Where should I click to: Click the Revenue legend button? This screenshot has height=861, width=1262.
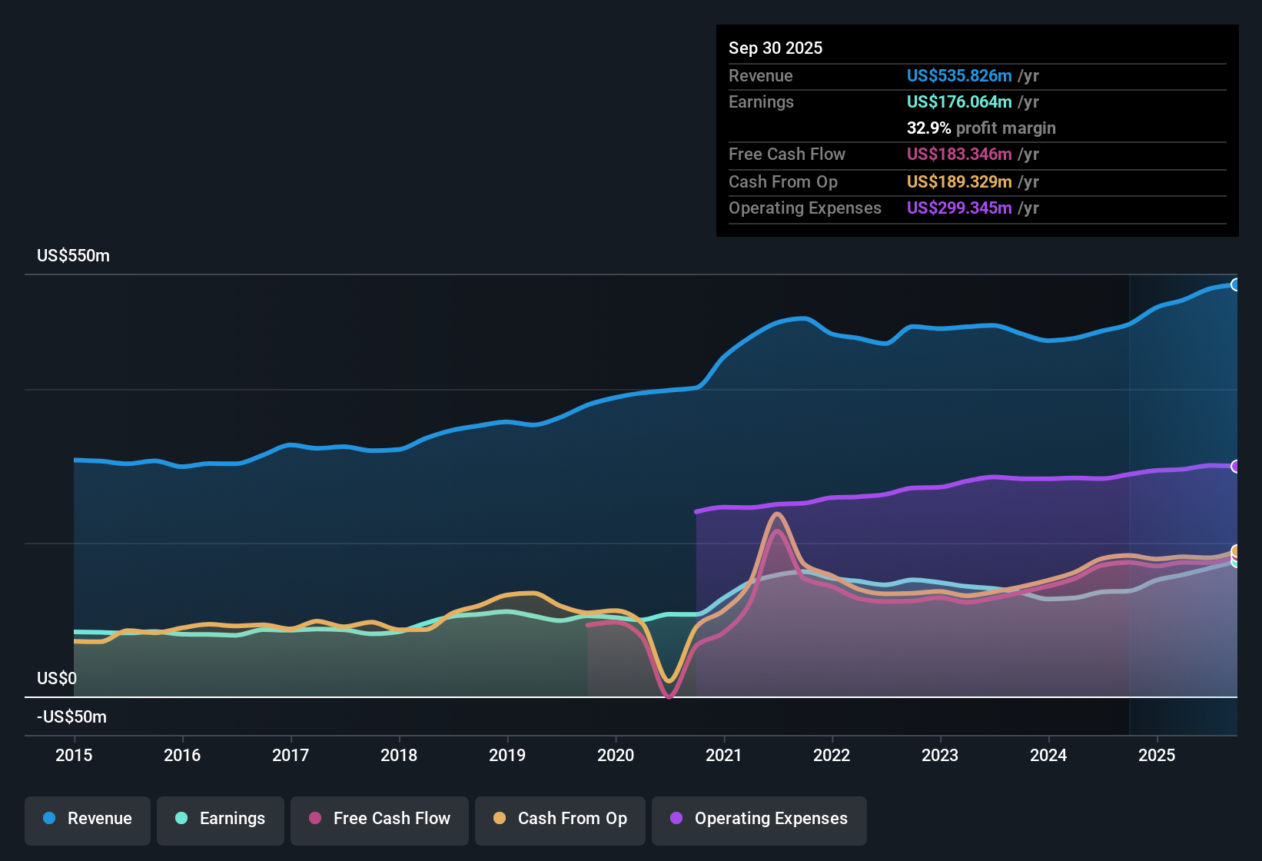88,819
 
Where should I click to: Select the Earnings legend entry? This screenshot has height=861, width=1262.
221,819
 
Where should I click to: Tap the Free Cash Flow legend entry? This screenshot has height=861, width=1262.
380,819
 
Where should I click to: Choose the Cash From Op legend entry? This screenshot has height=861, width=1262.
560,819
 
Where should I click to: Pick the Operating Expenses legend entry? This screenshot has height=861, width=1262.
759,819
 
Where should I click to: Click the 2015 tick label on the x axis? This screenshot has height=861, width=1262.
74,755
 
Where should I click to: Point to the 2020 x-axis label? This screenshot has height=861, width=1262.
616,755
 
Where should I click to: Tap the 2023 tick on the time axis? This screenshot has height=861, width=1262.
940,755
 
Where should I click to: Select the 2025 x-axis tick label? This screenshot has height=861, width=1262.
1157,755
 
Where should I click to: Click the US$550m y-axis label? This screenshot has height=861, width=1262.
73,256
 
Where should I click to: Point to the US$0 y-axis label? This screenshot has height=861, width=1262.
57,678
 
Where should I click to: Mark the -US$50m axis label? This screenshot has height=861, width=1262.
71,716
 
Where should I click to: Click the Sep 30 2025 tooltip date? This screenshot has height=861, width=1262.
775,48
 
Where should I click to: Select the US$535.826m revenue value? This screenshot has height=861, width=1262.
958,75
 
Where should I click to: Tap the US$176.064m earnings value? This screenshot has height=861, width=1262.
958,101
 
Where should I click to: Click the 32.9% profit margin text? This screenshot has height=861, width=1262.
981,128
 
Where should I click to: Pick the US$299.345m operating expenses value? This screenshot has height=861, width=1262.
958,208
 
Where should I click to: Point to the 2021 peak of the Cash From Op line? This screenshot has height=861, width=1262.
777,514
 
